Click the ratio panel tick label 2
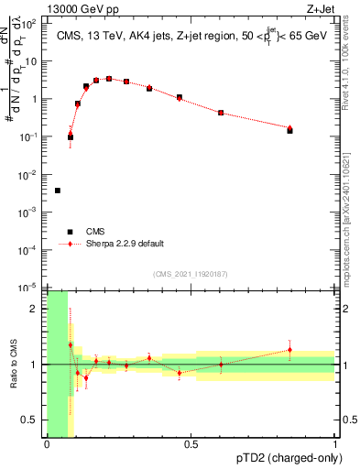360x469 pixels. [x=38, y=309]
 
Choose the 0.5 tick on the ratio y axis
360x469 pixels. [x=34, y=420]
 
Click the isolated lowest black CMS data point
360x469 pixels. [x=58, y=191]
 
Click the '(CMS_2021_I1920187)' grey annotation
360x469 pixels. [x=191, y=275]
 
